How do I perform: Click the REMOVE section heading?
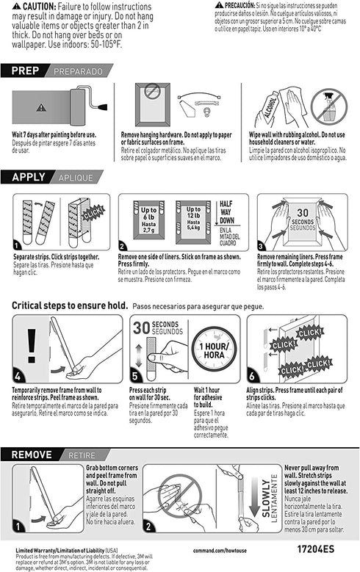pyautogui.click(x=33, y=455)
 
